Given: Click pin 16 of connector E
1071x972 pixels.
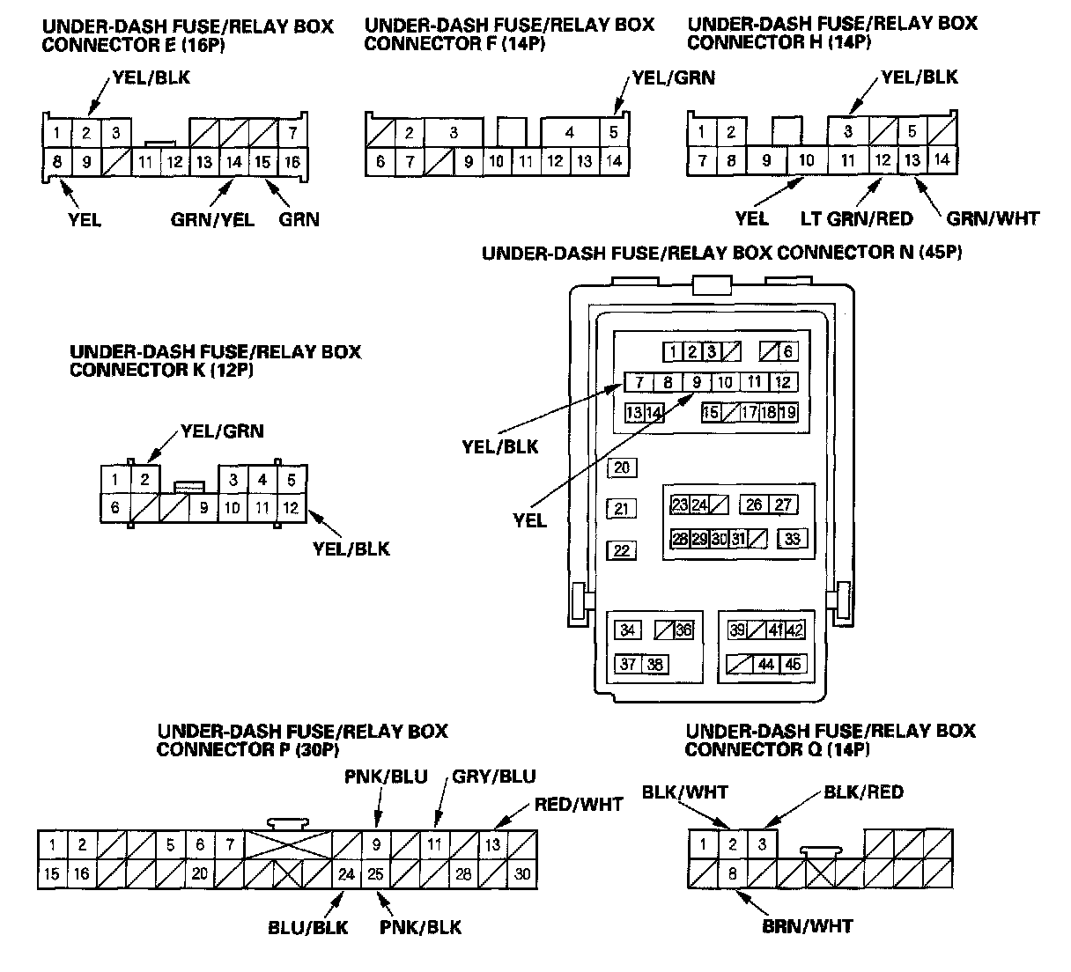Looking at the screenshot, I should click(x=292, y=162).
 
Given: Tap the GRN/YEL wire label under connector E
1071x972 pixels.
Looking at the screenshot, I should click(x=212, y=219).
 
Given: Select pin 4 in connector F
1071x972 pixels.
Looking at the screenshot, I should click(x=570, y=133).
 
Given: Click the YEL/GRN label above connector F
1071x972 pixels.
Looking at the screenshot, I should click(x=672, y=78).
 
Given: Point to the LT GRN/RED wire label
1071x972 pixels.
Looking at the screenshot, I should click(x=856, y=218).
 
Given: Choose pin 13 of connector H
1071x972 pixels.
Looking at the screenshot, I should click(x=912, y=160).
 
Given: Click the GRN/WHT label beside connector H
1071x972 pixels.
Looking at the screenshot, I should click(x=993, y=218).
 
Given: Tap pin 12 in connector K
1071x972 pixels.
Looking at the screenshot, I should click(x=291, y=508).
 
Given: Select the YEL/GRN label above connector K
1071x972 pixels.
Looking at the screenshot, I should click(x=222, y=431).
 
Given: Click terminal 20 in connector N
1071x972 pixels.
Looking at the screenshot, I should click(x=623, y=468).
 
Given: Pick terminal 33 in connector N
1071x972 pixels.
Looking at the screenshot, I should click(x=793, y=539).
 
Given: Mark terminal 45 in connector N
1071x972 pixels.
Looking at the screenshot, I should click(x=793, y=665).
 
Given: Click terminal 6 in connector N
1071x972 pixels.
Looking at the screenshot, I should click(x=787, y=352).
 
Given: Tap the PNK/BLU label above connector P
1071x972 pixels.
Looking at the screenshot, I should click(x=386, y=777).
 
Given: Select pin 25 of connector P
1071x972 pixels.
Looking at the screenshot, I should click(x=376, y=874).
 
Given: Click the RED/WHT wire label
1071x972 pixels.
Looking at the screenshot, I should click(x=579, y=804).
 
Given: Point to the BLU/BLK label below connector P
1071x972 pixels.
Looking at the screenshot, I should click(x=308, y=926).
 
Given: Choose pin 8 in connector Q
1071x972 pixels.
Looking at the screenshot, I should click(x=732, y=874).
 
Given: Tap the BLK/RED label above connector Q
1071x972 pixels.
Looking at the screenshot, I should click(x=863, y=792).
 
